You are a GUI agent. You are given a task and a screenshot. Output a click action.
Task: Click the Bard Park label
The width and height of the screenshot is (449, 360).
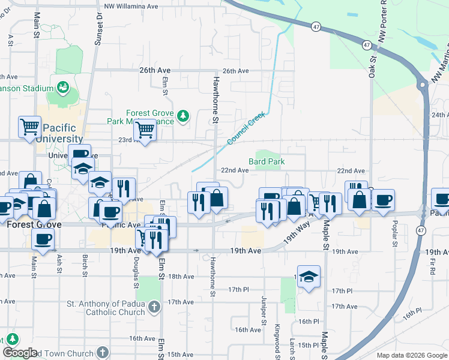coord(267,161)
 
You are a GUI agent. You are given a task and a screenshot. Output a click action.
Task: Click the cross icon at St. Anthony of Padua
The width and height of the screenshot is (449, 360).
coord(154,307)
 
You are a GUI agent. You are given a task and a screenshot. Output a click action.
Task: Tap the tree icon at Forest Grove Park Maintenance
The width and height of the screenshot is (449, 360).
coord(184,115)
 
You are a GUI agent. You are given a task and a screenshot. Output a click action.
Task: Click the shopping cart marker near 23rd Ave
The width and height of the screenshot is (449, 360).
coord(145,128)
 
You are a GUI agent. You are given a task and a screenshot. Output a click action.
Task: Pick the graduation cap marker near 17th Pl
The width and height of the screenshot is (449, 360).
coord(309,277)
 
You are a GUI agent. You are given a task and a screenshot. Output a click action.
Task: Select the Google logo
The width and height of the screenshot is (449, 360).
coord(20,353)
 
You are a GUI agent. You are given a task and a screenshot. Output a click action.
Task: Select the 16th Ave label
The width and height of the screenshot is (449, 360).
coord(247,330)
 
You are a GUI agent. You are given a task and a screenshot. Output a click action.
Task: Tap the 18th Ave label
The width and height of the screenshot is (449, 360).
coord(181,277)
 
